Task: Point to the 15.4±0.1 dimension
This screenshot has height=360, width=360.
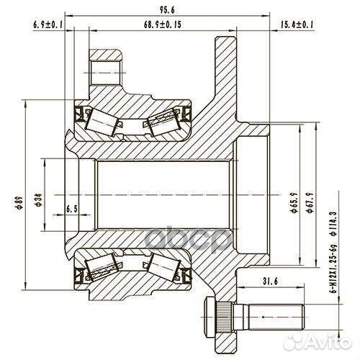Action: coord(295,24)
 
